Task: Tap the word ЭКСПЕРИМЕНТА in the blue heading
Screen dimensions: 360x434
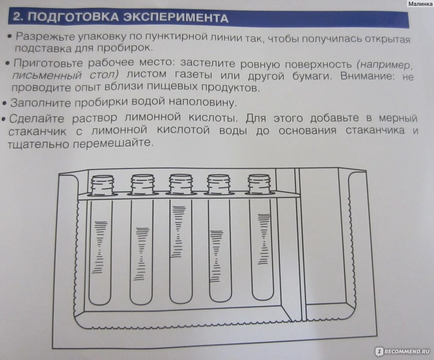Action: (176, 18)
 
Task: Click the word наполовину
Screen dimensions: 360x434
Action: (202, 102)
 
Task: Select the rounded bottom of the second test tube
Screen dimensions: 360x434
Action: (141, 297)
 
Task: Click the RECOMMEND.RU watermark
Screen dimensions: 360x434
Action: (402, 351)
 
